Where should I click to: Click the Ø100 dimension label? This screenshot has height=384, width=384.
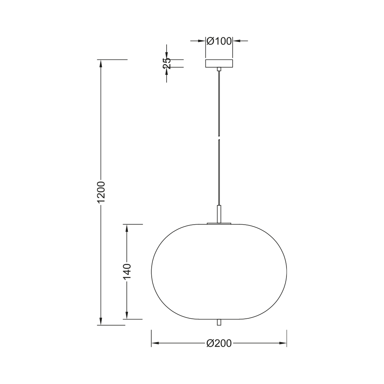[x=219, y=41]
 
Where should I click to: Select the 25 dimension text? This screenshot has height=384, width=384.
[x=167, y=63]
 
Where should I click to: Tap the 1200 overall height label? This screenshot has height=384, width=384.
[x=101, y=192]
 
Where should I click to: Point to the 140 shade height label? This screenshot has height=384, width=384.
[x=127, y=272]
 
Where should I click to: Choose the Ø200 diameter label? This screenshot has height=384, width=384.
[x=219, y=343]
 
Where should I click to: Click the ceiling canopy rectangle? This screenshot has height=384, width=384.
[x=219, y=63]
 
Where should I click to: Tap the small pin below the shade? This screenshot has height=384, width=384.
[x=219, y=322]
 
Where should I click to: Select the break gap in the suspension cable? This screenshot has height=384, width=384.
[x=219, y=137]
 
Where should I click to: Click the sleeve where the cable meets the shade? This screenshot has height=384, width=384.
[x=219, y=214]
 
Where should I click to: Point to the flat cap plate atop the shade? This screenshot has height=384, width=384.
[x=219, y=223]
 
